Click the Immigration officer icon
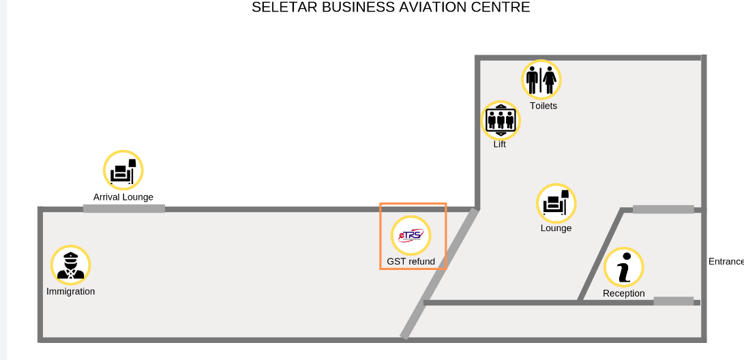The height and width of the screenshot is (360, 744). click(71, 265)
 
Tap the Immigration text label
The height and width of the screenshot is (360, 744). click(71, 292)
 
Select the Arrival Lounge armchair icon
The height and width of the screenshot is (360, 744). click(123, 170)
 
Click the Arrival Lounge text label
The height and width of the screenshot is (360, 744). click(123, 197)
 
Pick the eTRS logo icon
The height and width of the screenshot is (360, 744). click(411, 235)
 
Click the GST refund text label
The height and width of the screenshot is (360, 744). click(411, 261)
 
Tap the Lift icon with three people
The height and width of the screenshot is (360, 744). click(501, 121)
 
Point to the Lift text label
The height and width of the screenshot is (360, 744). click(500, 144)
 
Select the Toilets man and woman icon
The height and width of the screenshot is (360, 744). click(541, 80)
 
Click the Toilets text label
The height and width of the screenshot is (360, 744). click(544, 106)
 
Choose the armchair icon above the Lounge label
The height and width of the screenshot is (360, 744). click(556, 203)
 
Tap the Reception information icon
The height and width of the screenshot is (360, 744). click(624, 267)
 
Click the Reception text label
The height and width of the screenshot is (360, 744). click(624, 294)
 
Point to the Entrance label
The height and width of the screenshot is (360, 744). click(726, 261)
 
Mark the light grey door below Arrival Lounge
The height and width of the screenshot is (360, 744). click(124, 209)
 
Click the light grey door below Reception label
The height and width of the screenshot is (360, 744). click(673, 301)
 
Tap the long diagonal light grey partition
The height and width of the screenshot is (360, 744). click(439, 273)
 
